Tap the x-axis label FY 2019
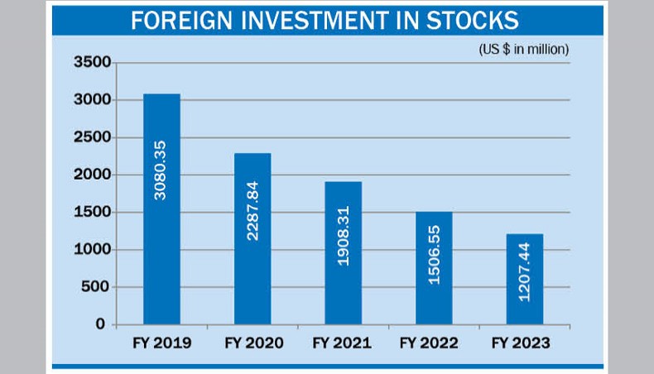pos(161,343)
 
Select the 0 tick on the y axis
pos(100,324)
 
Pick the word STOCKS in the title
pos(479,22)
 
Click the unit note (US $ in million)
pos(524,49)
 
